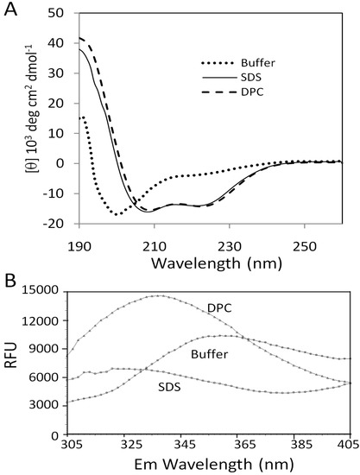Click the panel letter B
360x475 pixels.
pyautogui.click(x=10, y=282)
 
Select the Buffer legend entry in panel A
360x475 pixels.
pyautogui.click(x=238, y=63)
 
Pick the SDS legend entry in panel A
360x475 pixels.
pyautogui.click(x=231, y=78)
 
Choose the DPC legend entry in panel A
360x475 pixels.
pyautogui.click(x=232, y=92)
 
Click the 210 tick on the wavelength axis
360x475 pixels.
pyautogui.click(x=155, y=246)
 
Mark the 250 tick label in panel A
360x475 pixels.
pyautogui.click(x=305, y=246)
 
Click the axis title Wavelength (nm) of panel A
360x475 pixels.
pyautogui.click(x=217, y=263)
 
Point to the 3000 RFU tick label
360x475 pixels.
pyautogui.click(x=45, y=406)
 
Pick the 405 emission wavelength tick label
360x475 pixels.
pyautogui.click(x=348, y=445)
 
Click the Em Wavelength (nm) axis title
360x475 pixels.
pyautogui.click(x=214, y=464)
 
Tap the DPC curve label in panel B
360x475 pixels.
pyautogui.click(x=219, y=308)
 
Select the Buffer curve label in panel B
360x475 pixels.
pyautogui.click(x=209, y=354)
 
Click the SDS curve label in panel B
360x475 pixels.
pyautogui.click(x=169, y=387)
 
